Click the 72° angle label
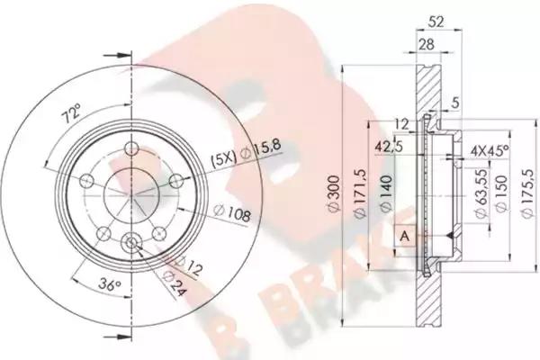72,113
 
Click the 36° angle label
109,285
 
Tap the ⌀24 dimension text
175,283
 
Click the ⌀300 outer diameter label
335,194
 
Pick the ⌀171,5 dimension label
361,193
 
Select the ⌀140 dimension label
386,193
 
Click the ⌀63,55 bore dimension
481,193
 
